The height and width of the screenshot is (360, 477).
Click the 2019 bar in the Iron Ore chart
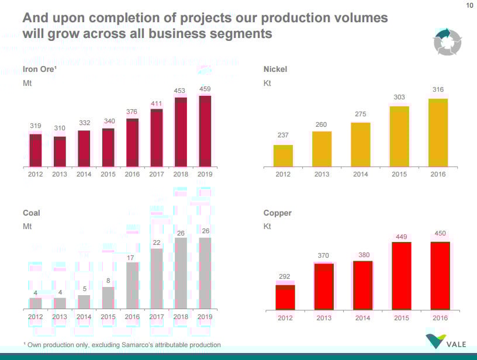pyautogui.click(x=205, y=131)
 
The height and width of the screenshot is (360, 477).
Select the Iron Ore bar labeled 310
pyautogui.click(x=60, y=151)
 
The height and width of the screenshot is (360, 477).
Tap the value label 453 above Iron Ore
pyautogui.click(x=181, y=90)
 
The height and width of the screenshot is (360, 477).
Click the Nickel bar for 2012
pyautogui.click(x=283, y=155)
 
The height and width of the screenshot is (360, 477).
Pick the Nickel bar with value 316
pyautogui.click(x=438, y=132)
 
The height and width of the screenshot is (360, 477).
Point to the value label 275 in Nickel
pyautogui.click(x=360, y=114)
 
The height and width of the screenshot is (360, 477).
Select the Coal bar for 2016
pyautogui.click(x=133, y=286)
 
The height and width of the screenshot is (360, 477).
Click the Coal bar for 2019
pyautogui.click(x=205, y=273)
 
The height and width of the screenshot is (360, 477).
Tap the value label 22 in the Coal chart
pyautogui.click(x=157, y=242)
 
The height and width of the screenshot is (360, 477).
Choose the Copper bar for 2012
pyautogui.click(x=285, y=297)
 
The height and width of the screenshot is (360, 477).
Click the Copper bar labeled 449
pyautogui.click(x=401, y=275)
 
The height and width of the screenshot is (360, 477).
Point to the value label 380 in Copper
pyautogui.click(x=362, y=254)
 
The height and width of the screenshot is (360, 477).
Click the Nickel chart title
pyautogui.click(x=275, y=70)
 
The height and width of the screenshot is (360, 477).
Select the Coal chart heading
pyautogui.click(x=31, y=213)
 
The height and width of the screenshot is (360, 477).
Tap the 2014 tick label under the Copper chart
pyautogui.click(x=362, y=318)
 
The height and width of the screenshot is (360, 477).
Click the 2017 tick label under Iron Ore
pyautogui.click(x=157, y=174)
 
